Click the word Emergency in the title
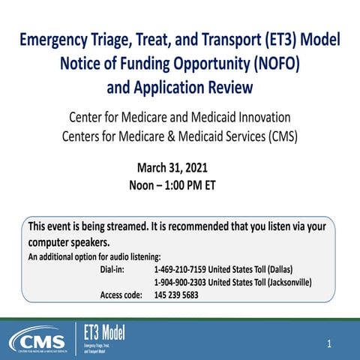coord(55,42)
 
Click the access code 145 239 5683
coord(176,295)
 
